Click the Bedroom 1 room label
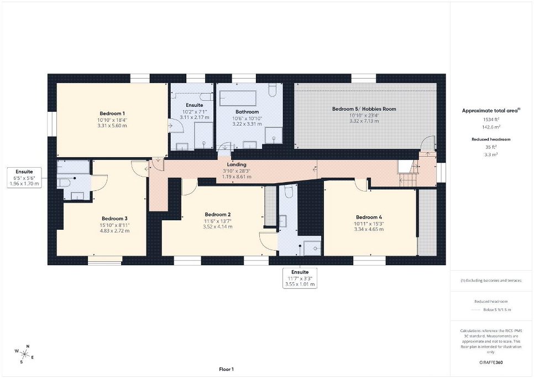tap(112, 113)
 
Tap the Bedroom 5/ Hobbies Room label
tap(364, 109)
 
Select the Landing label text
tap(237, 164)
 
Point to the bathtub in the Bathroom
tap(238, 99)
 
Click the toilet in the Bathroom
tap(273, 91)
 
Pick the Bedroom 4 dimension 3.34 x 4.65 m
tap(369, 229)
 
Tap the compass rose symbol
tap(24, 354)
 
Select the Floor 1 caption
tap(226, 369)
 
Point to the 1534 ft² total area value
tap(490, 120)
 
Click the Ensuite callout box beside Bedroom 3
tap(24, 178)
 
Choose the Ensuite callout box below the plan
tap(300, 278)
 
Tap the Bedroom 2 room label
tap(218, 215)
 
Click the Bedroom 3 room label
tap(114, 219)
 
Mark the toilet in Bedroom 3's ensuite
tap(64, 183)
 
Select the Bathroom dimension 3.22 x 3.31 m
tap(247, 124)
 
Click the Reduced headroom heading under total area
tap(491, 139)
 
